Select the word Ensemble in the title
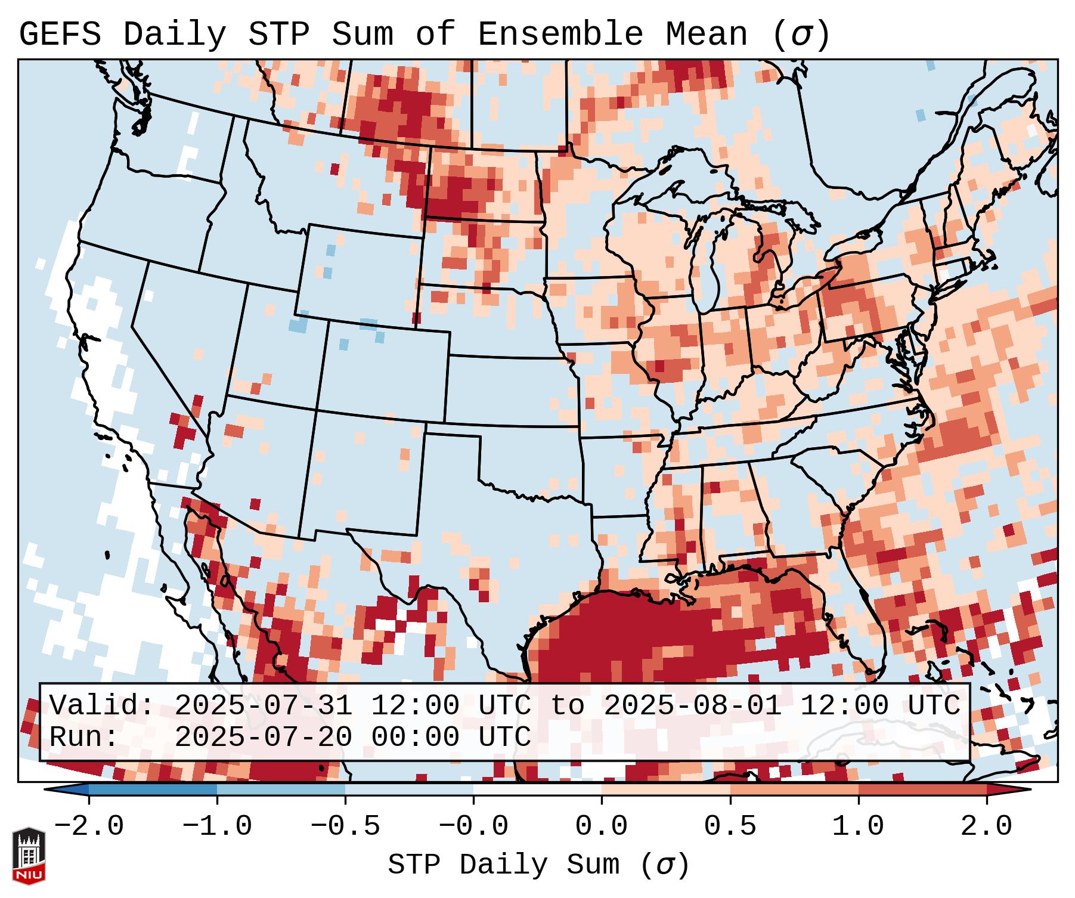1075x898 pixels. (560, 35)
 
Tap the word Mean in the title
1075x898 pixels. (707, 35)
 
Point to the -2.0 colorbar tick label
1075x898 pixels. (89, 826)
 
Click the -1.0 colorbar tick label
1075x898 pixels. (217, 826)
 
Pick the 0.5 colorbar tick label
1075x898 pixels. (730, 826)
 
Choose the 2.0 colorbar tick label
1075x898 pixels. (987, 826)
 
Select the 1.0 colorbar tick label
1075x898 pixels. (859, 826)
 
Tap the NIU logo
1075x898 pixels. (29, 856)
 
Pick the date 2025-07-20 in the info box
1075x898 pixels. (263, 737)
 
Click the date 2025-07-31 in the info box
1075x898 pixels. (263, 705)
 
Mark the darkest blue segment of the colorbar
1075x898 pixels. (153, 789)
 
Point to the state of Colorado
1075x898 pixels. (387, 370)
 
